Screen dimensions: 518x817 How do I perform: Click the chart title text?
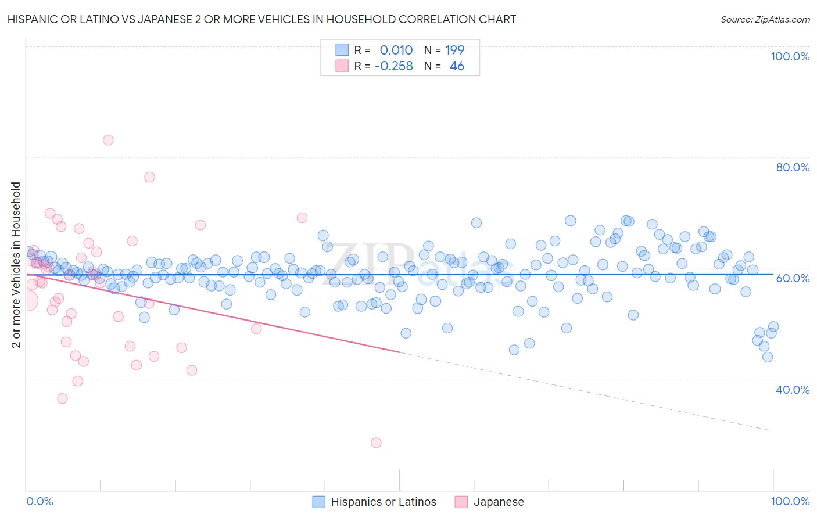tap(261, 19)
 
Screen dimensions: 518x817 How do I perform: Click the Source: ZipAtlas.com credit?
tap(765, 19)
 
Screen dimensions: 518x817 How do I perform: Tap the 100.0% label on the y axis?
tap(790, 56)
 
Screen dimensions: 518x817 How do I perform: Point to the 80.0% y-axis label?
tap(793, 167)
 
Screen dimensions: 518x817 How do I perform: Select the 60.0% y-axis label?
tap(793, 278)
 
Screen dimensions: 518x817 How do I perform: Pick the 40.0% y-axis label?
tap(793, 390)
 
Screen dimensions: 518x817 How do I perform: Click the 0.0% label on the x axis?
tap(40, 501)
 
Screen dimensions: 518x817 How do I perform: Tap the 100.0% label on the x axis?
tap(790, 501)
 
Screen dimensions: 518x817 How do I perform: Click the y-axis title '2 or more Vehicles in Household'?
tap(16, 265)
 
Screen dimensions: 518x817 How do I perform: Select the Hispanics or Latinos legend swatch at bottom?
tap(318, 502)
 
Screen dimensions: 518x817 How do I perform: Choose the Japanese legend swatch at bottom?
tap(461, 502)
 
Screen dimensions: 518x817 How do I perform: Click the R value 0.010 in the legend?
tap(396, 50)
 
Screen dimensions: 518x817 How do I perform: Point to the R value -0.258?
tap(393, 66)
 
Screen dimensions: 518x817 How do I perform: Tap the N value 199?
tap(454, 50)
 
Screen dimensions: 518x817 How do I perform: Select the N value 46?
tap(457, 66)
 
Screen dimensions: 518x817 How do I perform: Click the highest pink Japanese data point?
tap(108, 140)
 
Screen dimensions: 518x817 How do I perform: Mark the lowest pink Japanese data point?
tap(376, 443)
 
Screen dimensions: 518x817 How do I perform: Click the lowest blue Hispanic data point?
tap(768, 357)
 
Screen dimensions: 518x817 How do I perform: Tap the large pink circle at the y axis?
tap(27, 300)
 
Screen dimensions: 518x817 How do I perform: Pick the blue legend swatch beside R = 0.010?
tap(342, 50)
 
